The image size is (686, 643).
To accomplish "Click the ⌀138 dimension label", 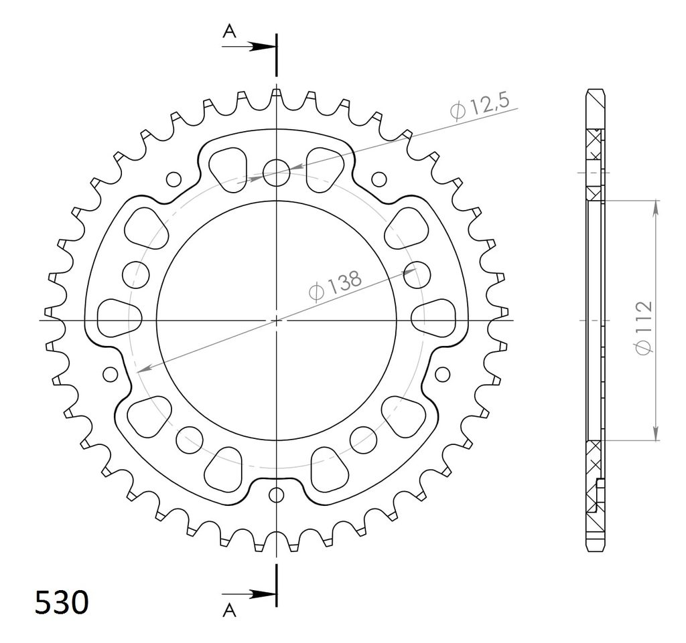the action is [335, 286].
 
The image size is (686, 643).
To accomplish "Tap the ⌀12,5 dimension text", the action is [480, 106].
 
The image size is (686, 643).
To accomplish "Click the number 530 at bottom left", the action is [62, 603].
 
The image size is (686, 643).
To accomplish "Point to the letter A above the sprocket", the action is [230, 31].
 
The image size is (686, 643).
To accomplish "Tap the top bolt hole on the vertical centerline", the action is [277, 173].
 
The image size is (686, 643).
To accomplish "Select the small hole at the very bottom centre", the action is [276, 495].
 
